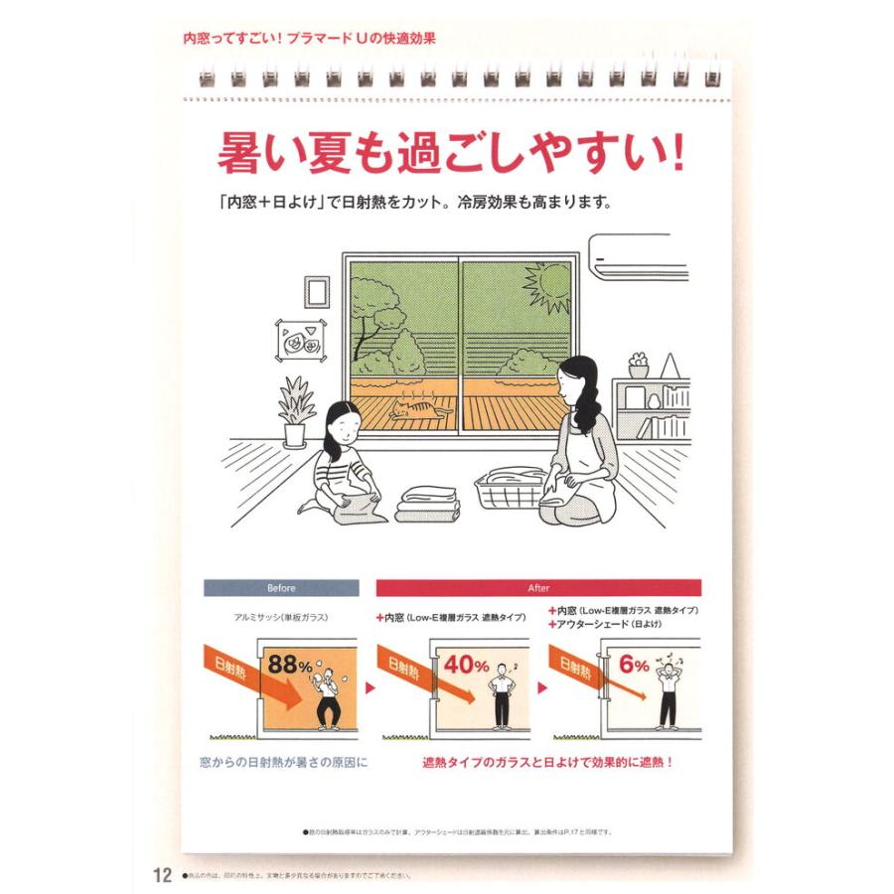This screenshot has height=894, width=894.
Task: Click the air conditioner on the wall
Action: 638,254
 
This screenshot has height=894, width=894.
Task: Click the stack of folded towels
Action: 427,504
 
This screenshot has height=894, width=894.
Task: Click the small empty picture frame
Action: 316,291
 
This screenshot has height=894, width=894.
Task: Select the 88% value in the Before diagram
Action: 290,664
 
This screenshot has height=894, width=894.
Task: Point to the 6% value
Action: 633,664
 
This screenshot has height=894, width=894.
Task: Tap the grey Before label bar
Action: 281,587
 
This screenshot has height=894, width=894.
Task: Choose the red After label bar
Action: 537,587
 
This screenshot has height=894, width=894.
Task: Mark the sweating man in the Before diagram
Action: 326,697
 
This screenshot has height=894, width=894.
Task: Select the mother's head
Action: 578,383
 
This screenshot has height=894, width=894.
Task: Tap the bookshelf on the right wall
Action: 651,407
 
